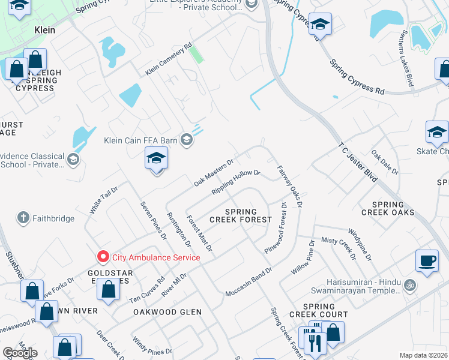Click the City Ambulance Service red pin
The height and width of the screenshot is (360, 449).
(103, 257)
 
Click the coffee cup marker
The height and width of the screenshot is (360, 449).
(427, 260)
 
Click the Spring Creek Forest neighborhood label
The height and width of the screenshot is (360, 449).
(249, 216)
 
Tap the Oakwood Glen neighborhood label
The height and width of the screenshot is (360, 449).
(167, 312)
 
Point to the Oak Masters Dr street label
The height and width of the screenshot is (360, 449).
(213, 172)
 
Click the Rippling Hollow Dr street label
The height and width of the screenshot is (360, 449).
(235, 182)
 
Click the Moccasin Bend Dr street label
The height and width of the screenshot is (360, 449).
(249, 281)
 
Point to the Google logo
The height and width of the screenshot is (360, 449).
(20, 353)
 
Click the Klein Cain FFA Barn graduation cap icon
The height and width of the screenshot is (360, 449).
(187, 140)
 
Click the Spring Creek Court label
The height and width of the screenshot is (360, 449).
(318, 310)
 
